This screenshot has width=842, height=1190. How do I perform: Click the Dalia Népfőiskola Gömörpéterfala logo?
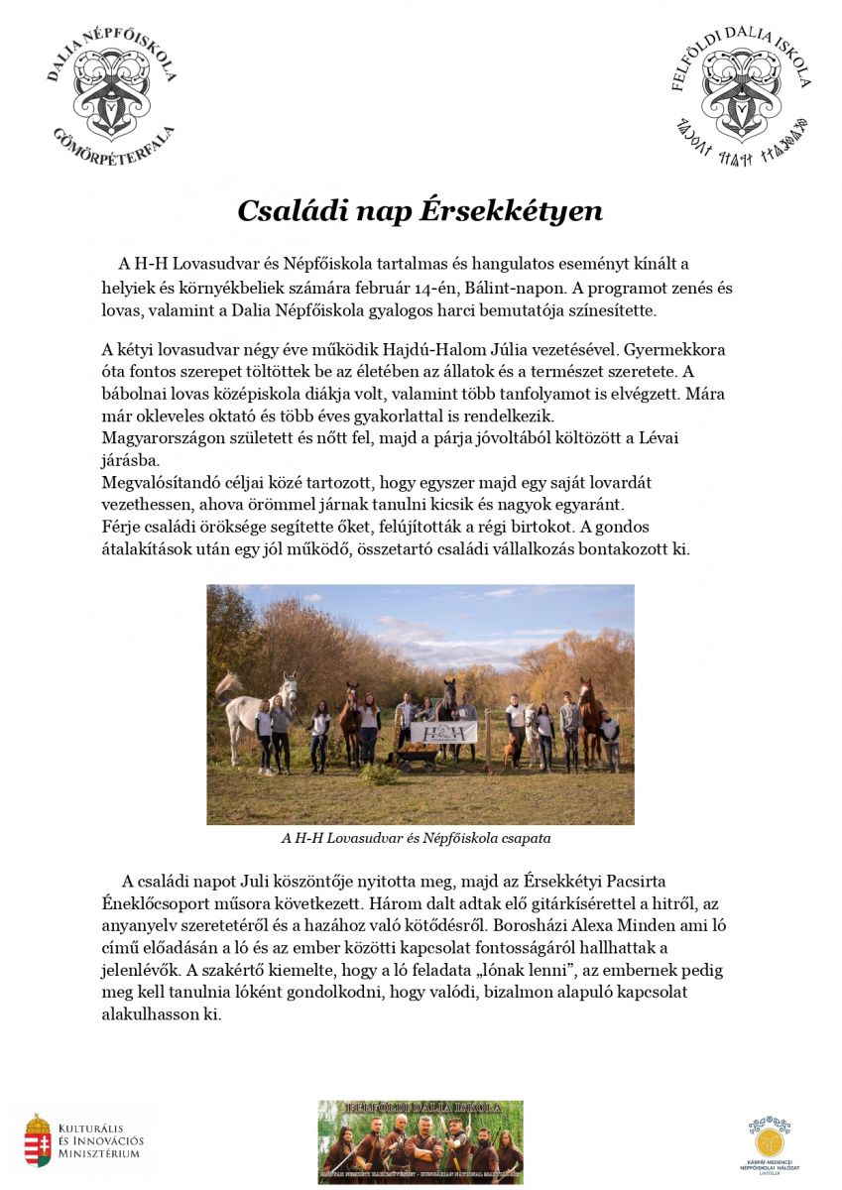[x=111, y=95]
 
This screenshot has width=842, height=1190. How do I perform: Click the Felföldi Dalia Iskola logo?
[x=740, y=95]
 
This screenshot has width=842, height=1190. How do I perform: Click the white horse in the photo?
[x=250, y=706]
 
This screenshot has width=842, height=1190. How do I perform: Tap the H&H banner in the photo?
[x=442, y=732]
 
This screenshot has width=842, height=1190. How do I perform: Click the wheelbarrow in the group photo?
[x=418, y=758]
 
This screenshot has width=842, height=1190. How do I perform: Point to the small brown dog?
[x=511, y=749]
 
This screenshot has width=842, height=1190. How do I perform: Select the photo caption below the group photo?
[x=416, y=838]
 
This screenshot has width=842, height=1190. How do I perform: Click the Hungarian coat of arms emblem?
[x=38, y=1139]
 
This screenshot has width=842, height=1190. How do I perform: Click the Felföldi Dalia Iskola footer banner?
[x=421, y=1141]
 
